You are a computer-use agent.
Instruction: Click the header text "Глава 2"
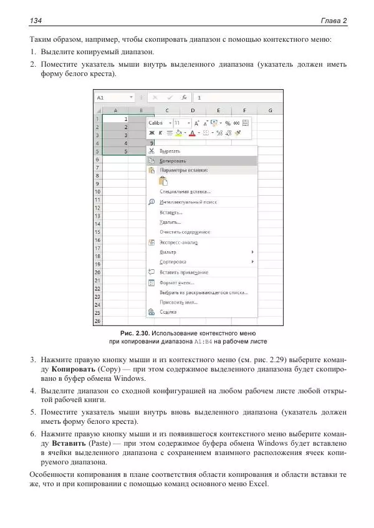[x=334, y=21]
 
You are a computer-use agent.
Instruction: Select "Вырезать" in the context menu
[x=170, y=151]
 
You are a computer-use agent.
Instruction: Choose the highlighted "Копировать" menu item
[x=173, y=160]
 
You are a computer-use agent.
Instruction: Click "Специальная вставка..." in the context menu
[x=185, y=192]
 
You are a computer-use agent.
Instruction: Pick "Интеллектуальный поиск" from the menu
[x=188, y=202]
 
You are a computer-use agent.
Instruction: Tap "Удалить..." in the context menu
[x=170, y=222]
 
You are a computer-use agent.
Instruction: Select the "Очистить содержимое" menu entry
[x=185, y=232]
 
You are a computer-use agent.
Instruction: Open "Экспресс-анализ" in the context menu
[x=178, y=242]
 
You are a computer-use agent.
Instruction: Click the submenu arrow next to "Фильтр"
[x=252, y=252]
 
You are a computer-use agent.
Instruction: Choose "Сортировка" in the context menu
[x=173, y=262]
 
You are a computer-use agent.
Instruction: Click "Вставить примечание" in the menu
[x=184, y=272]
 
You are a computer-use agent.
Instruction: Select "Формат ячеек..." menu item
[x=177, y=282]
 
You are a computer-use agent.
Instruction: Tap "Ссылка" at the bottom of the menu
[x=168, y=312]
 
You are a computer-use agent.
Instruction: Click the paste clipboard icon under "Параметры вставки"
[x=164, y=181]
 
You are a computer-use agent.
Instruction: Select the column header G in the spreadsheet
[x=271, y=110]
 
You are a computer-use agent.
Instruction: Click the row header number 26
[x=98, y=321]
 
